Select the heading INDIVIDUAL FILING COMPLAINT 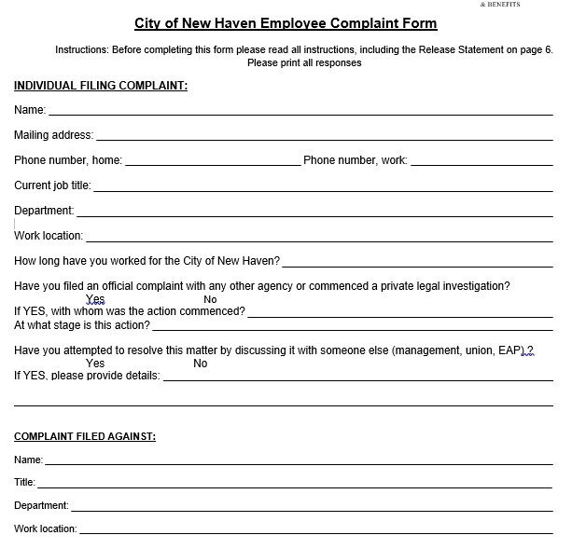pos(101,86)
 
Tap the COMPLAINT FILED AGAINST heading pos(85,436)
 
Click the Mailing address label pos(53,135)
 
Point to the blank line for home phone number pos(212,161)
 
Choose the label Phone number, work pos(356,160)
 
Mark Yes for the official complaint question pos(95,299)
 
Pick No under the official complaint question pos(210,299)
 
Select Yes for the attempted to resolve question pos(95,364)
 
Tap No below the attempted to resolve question pos(201,364)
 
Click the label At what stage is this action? pos(81,325)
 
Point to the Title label pos(24,482)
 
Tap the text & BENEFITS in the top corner pos(498,5)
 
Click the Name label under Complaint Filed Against pos(28,460)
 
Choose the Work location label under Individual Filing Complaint pos(49,236)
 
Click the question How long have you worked pos(146,261)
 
